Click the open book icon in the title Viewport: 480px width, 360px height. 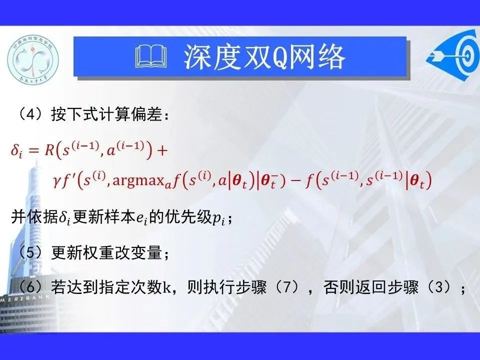pyautogui.click(x=151, y=56)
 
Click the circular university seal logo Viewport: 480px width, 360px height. pyautogui.click(x=33, y=59)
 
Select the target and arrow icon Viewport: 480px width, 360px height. pyautogui.click(x=453, y=55)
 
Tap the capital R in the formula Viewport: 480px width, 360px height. pyautogui.click(x=49, y=150)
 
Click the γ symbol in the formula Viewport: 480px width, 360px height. pyautogui.click(x=56, y=182)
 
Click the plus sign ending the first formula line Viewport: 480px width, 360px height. pyautogui.click(x=162, y=150)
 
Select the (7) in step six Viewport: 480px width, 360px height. pyautogui.click(x=286, y=287)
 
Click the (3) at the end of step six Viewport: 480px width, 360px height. pyautogui.click(x=438, y=287)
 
